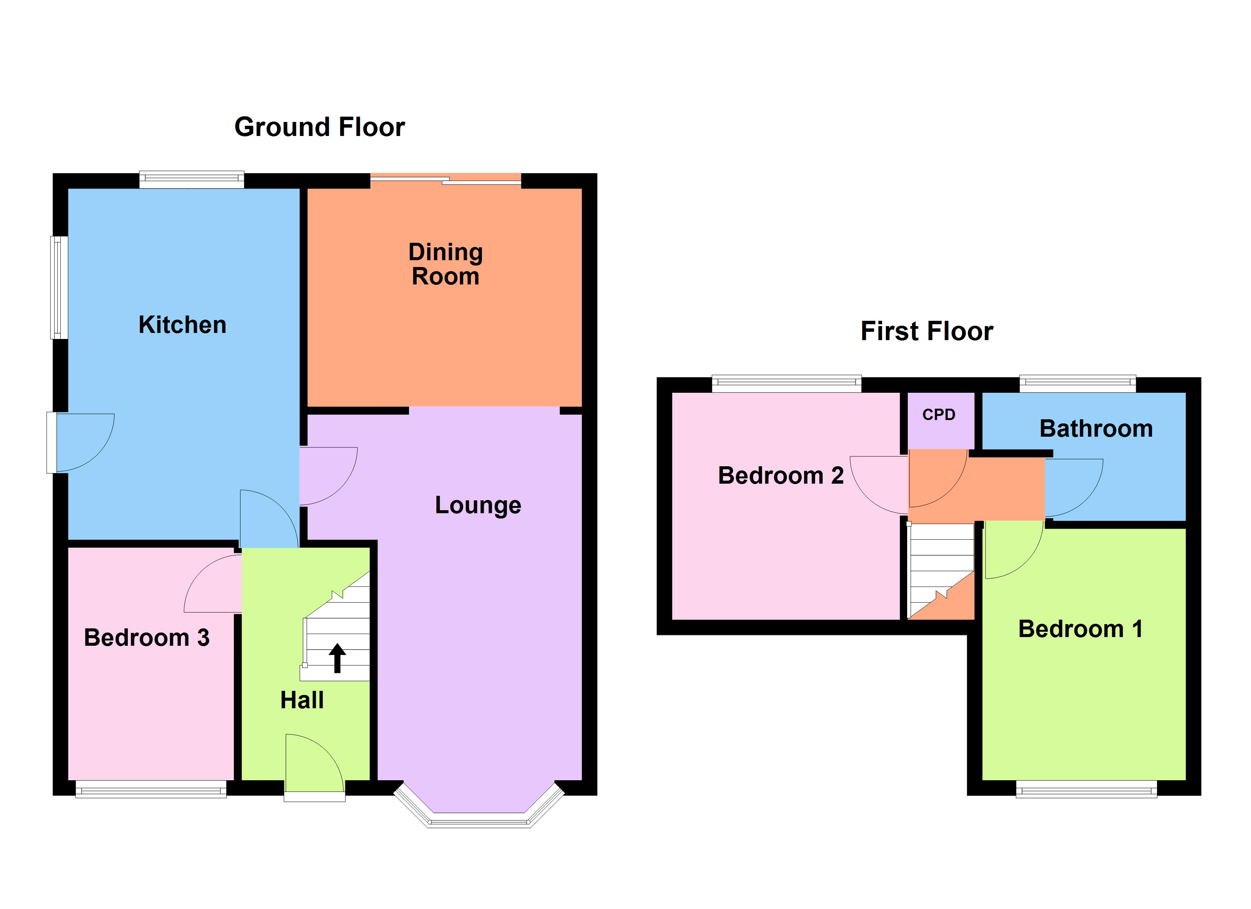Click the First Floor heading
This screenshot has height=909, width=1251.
coord(926,331)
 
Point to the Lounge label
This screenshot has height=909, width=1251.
coord(478,505)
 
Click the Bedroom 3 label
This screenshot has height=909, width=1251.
coord(146,638)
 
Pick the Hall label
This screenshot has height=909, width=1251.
coord(302,700)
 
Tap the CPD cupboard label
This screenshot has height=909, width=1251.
coord(938,414)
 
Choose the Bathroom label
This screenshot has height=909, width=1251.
coord(1096,428)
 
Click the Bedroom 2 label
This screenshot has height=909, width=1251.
coord(781,475)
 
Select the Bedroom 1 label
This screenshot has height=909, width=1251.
coord(1080,629)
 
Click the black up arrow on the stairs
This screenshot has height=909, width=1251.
coord(337,659)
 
